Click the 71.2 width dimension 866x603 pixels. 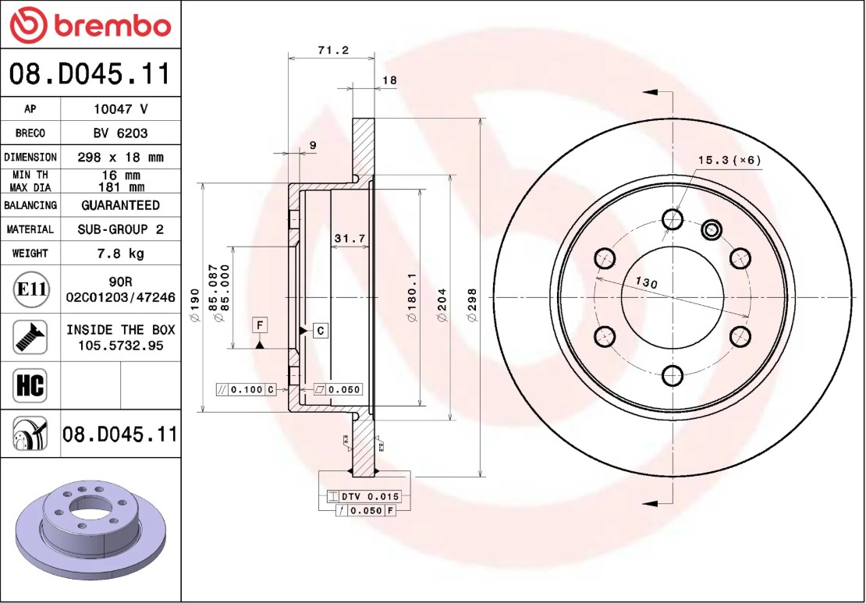(x=332, y=51)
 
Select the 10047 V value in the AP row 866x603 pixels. (x=120, y=109)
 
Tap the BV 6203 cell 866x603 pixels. (x=120, y=133)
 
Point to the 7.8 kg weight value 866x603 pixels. (x=120, y=254)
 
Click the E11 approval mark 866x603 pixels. (x=30, y=289)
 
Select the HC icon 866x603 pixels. (x=30, y=385)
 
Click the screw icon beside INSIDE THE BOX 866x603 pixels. (x=30, y=337)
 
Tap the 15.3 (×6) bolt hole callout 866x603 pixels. (x=729, y=160)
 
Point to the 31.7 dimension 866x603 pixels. (x=350, y=239)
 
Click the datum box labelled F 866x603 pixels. (x=260, y=324)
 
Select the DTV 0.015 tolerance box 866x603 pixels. (x=363, y=496)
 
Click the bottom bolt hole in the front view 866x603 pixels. (x=672, y=376)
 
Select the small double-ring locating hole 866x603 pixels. (x=711, y=229)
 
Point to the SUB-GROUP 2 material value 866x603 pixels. (x=120, y=229)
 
